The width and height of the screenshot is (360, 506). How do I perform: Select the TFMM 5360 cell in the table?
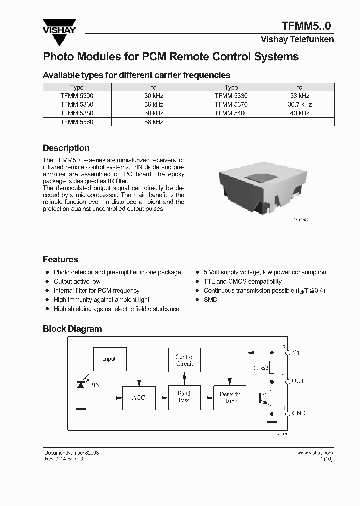77,104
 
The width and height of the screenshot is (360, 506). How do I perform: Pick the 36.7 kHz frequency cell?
299,104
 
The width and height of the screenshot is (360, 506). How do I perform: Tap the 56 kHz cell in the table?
154,122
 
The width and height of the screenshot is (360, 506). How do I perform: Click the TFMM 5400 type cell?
231,113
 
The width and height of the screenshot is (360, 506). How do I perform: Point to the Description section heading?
66,148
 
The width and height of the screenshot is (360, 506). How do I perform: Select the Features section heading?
60,259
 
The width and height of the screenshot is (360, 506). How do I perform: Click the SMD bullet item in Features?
210,299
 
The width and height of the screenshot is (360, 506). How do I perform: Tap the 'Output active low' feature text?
77,281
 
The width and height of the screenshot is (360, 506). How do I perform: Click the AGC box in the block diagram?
138,398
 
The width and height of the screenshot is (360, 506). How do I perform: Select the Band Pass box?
184,397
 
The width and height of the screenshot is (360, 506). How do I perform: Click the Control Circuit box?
184,360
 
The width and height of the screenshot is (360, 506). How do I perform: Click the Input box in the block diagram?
109,359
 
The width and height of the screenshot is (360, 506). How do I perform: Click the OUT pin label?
298,381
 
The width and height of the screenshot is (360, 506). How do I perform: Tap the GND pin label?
298,413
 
